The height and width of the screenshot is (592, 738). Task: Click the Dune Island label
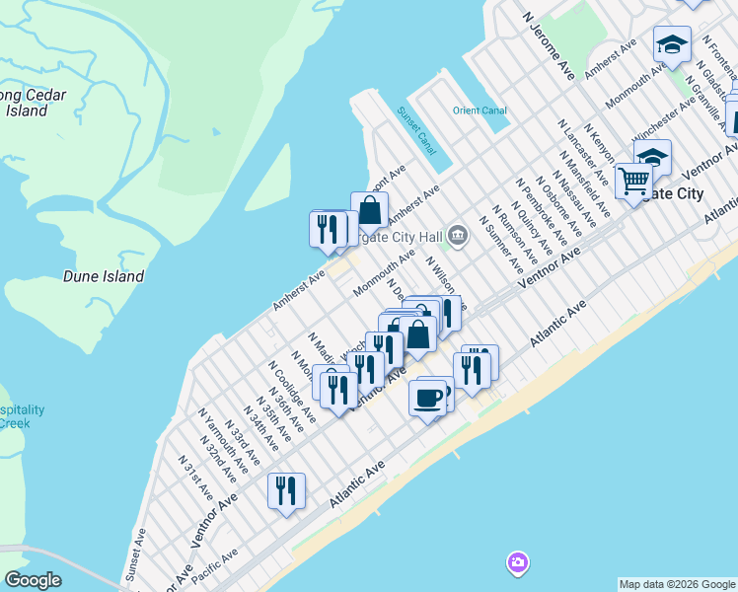(x=104, y=277)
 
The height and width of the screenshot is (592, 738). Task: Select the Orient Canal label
(x=479, y=111)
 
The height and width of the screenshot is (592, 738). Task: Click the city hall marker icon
(x=458, y=235)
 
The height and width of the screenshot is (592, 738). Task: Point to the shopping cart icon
(x=632, y=181)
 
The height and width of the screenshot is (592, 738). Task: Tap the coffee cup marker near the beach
(x=427, y=397)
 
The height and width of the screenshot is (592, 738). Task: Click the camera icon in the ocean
(x=517, y=563)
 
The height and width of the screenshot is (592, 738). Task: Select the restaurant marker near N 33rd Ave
(x=286, y=489)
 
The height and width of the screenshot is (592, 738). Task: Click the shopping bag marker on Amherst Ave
(x=369, y=209)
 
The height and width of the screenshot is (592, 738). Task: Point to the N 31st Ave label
(x=195, y=476)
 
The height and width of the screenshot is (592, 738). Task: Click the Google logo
(x=33, y=580)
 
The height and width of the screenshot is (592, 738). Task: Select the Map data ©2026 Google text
(x=676, y=584)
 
